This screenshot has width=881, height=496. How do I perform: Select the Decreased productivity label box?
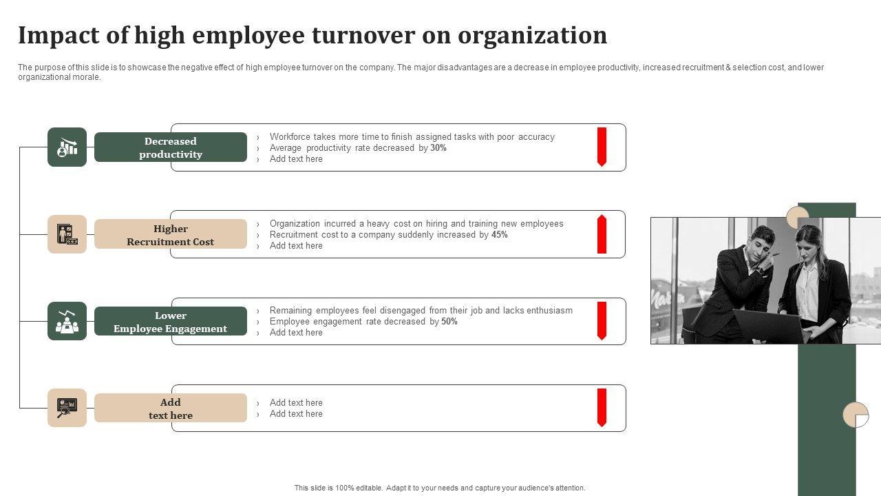pos(171,147)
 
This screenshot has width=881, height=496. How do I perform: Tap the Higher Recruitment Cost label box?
pos(171,235)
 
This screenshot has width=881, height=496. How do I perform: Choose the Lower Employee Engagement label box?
pos(171,322)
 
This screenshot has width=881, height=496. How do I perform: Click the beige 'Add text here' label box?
pos(171,409)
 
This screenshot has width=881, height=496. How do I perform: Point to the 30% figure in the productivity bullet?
pos(438,148)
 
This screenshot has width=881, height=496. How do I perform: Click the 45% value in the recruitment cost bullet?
pos(500,235)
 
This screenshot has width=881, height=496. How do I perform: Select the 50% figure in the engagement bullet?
pos(449,322)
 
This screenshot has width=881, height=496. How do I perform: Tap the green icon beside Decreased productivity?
pos(67,147)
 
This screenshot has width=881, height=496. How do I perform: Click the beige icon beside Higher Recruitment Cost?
pos(67,234)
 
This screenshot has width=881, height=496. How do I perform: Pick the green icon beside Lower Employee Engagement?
pos(67,321)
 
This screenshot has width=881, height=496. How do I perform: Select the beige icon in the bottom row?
pos(67,408)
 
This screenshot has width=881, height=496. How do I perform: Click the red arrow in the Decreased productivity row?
pos(602,147)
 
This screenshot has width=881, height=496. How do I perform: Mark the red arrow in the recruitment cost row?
pos(602,234)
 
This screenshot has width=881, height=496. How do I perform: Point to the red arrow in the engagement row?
pos(602,321)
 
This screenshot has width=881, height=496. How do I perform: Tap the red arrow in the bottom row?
pos(602,408)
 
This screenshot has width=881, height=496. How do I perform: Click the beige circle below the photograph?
pos(856,415)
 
